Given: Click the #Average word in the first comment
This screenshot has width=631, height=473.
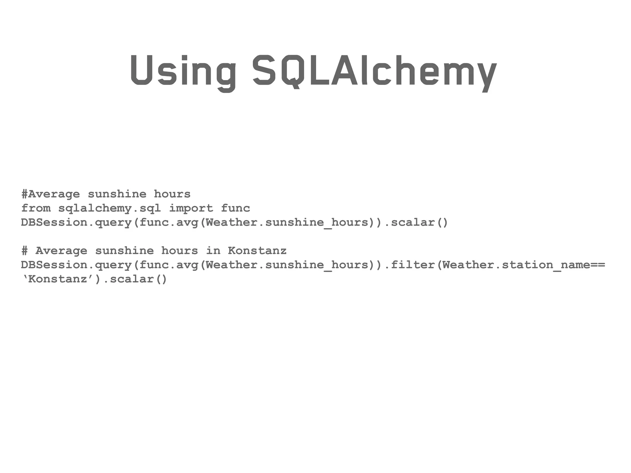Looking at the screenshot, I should (x=51, y=194).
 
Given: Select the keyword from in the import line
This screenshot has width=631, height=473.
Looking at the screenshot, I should (x=36, y=208).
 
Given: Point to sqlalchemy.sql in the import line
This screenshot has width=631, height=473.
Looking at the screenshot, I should (x=110, y=209).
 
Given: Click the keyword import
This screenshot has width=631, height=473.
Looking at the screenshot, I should (x=191, y=208).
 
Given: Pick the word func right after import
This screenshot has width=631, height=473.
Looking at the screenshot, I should (x=235, y=208).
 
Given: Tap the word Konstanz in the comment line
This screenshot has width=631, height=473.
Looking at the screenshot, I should (x=257, y=251).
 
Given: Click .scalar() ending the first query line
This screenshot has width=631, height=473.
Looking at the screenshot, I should (x=416, y=222).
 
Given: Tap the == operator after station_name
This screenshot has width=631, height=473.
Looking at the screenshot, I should (x=598, y=265).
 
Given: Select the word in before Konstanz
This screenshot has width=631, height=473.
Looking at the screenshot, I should (x=213, y=251).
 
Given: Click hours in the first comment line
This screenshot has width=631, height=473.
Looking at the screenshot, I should (x=172, y=194).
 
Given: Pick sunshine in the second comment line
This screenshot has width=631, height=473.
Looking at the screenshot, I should (x=124, y=251).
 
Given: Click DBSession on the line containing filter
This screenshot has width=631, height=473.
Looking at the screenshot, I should (x=54, y=265).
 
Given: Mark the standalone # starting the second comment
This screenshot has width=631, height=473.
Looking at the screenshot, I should (x=25, y=251).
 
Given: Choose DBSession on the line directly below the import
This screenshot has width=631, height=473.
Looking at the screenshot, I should (x=54, y=222).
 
